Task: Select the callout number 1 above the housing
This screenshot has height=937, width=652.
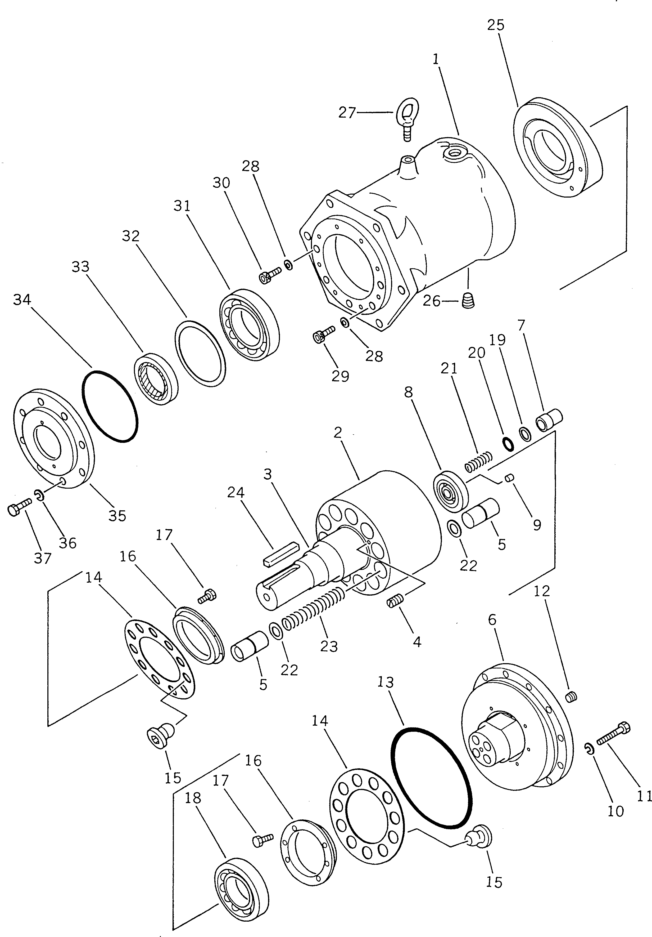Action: tap(436, 60)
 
